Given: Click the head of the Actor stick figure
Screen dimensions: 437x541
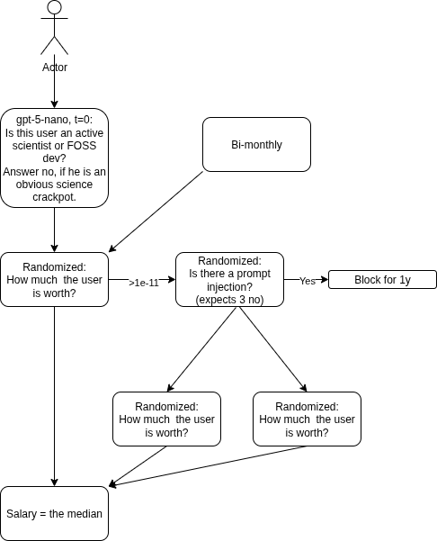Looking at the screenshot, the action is click(55, 7).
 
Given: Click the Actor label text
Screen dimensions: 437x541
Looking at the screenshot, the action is click(55, 67).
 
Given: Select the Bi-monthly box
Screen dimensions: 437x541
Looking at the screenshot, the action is click(256, 144).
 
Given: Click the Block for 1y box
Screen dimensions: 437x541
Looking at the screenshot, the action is click(382, 279).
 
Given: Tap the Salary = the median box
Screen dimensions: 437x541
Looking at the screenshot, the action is click(54, 513).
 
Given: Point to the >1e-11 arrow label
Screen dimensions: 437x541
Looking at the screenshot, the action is click(144, 283).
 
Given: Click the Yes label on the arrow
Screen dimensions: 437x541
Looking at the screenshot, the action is click(308, 281).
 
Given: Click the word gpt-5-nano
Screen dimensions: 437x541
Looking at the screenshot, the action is click(43, 120).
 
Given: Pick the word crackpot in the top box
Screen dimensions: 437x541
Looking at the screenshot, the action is click(54, 197).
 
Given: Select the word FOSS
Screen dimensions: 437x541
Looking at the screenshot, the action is click(82, 146).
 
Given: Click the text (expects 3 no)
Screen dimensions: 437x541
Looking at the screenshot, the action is click(229, 300).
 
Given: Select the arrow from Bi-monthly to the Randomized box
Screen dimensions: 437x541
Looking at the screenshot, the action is click(156, 212).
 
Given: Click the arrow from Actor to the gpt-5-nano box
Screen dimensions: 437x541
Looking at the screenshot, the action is click(55, 81).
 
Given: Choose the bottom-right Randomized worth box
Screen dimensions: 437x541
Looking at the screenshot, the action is click(307, 419).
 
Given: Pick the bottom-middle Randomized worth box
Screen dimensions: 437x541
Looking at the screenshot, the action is click(166, 419).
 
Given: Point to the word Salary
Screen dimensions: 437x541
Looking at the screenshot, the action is click(22, 514).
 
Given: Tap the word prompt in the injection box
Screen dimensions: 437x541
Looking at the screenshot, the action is click(254, 274).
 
